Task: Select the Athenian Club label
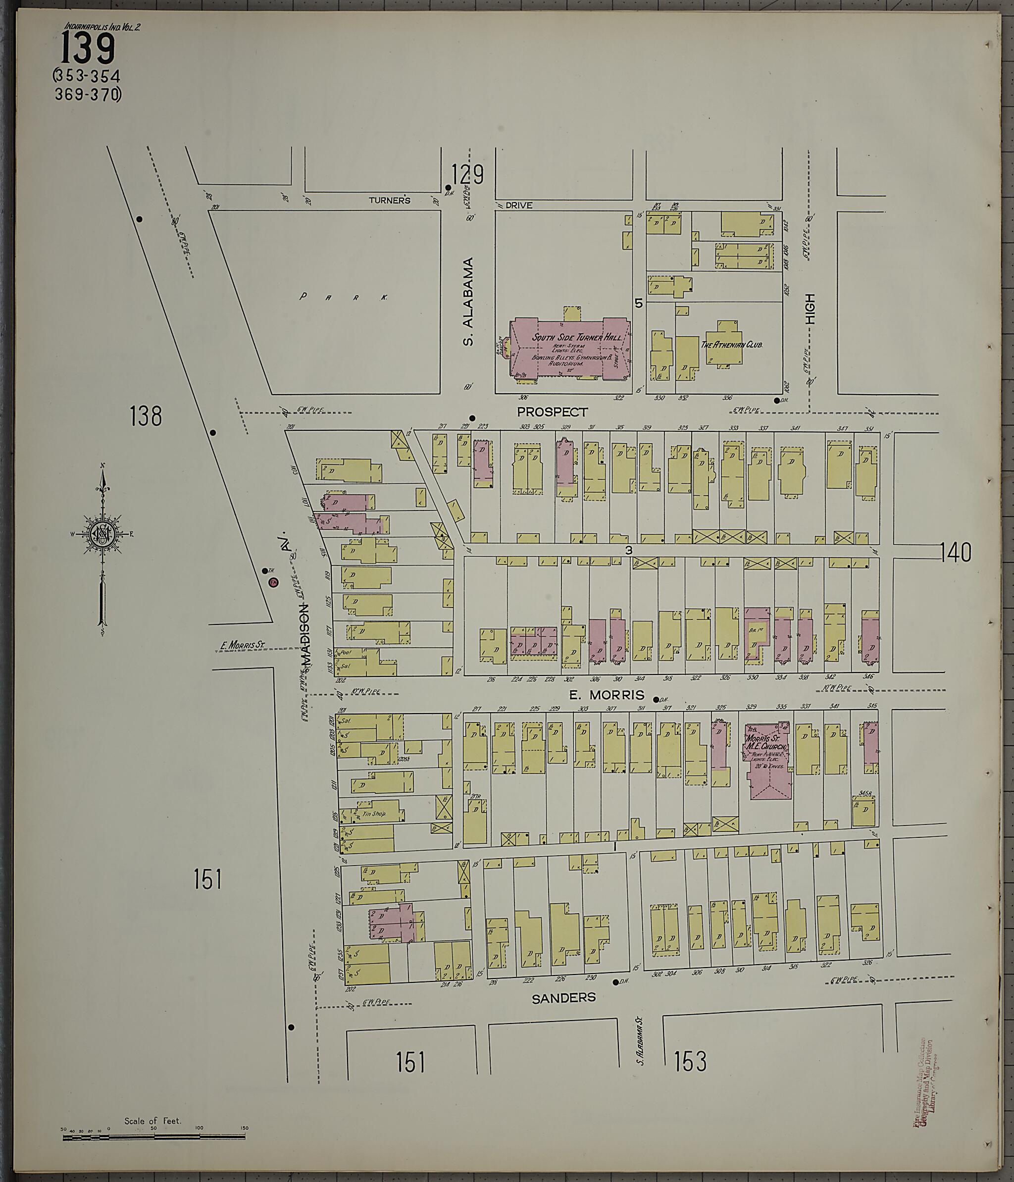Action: (x=731, y=345)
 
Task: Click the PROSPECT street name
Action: (x=552, y=412)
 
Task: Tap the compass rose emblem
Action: (x=102, y=533)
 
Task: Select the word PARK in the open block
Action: (x=345, y=297)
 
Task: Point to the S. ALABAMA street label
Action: (x=469, y=302)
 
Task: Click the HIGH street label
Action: (x=810, y=309)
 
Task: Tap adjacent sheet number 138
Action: (x=146, y=416)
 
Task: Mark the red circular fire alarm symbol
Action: (x=273, y=582)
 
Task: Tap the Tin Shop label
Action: (x=374, y=814)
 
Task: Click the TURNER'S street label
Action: (x=390, y=200)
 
